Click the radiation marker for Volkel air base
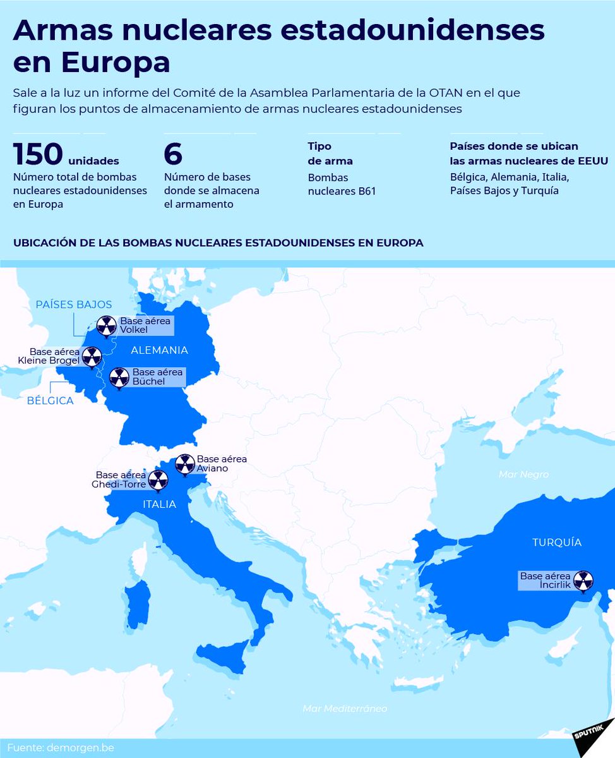[106, 326]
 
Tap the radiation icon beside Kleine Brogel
[92, 356]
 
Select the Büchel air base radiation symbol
[119, 377]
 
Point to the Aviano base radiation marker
[184, 464]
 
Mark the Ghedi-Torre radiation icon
[158, 480]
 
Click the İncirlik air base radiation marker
[584, 580]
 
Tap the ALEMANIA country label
[159, 350]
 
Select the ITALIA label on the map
[159, 504]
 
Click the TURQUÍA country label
[556, 542]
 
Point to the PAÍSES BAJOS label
[74, 304]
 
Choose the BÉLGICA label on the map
[50, 400]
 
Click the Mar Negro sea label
[523, 474]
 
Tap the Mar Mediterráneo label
[345, 709]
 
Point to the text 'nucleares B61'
[342, 191]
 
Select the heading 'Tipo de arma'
[330, 153]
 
